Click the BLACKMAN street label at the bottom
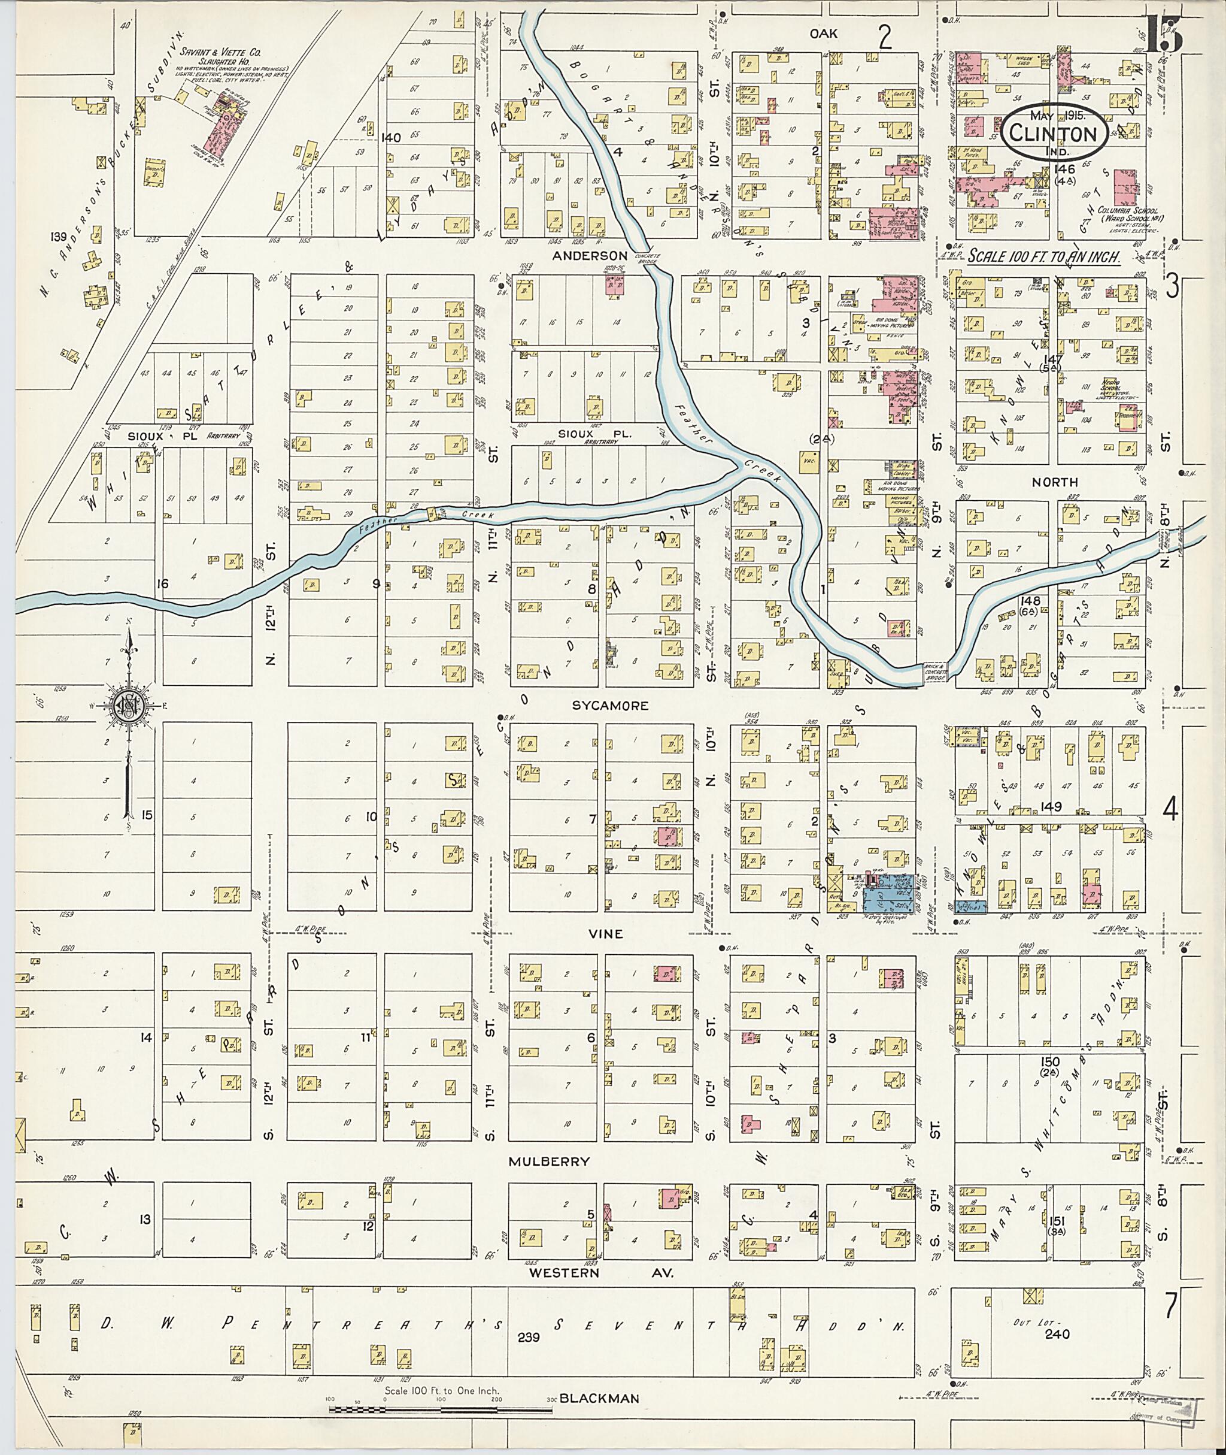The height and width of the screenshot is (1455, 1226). coord(599,1398)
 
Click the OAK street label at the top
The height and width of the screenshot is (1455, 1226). coord(823,34)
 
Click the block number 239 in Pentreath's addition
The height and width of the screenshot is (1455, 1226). coord(530,1337)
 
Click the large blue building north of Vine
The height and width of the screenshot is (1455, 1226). coord(890,894)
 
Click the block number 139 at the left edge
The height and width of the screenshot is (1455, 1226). coord(59,238)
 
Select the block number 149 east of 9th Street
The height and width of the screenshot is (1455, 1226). coord(1051,807)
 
